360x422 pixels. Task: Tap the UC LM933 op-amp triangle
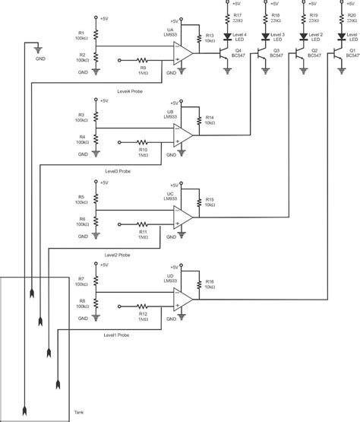(182, 217)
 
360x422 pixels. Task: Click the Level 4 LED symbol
(228, 36)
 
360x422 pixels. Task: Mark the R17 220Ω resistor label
(238, 17)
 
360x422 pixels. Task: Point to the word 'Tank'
(79, 413)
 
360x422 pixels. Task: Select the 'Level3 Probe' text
(122, 173)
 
